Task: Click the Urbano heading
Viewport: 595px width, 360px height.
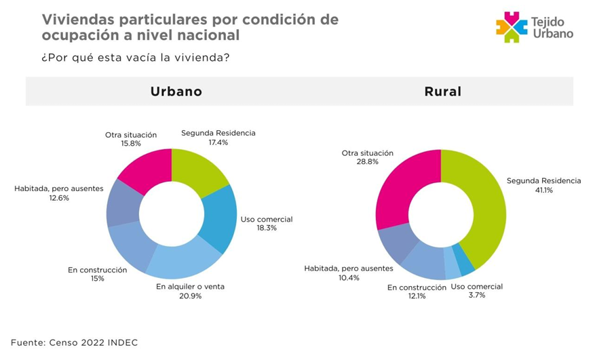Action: (176, 92)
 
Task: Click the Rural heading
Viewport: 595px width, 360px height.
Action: (442, 92)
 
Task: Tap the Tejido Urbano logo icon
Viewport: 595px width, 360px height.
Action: (512, 27)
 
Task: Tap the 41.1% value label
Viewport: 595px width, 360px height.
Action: (543, 191)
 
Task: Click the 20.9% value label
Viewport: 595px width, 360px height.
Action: (190, 296)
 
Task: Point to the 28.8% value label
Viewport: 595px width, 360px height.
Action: (367, 163)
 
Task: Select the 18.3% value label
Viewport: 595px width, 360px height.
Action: (267, 228)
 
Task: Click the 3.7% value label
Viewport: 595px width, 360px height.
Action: (476, 296)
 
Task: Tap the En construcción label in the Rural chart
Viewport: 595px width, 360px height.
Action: (417, 287)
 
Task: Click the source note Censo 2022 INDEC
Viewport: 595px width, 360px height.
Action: (75, 342)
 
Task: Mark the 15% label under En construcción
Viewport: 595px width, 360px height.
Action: (97, 279)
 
